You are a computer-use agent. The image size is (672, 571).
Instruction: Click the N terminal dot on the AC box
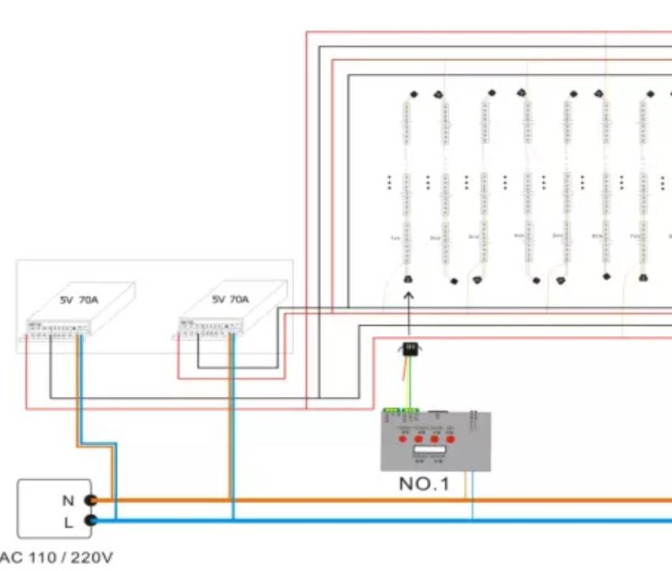[x=91, y=500]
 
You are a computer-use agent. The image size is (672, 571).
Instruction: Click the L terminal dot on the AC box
[x=91, y=520]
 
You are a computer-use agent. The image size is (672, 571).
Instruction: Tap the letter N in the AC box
[x=67, y=500]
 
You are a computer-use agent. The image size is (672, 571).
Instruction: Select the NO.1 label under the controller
[x=424, y=483]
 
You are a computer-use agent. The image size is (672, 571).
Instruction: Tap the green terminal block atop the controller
[x=401, y=410]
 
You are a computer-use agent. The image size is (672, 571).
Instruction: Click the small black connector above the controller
[x=410, y=349]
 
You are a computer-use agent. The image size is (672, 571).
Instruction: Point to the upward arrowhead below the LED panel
[x=409, y=297]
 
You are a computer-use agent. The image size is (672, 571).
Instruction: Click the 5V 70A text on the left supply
[x=78, y=300]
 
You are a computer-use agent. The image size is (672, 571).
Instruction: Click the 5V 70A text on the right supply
[x=230, y=300]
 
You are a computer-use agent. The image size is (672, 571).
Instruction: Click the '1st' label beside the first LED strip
[x=395, y=237]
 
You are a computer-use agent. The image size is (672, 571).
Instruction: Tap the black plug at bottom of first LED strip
[x=409, y=280]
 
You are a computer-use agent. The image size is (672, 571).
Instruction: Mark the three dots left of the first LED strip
[x=390, y=183]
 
